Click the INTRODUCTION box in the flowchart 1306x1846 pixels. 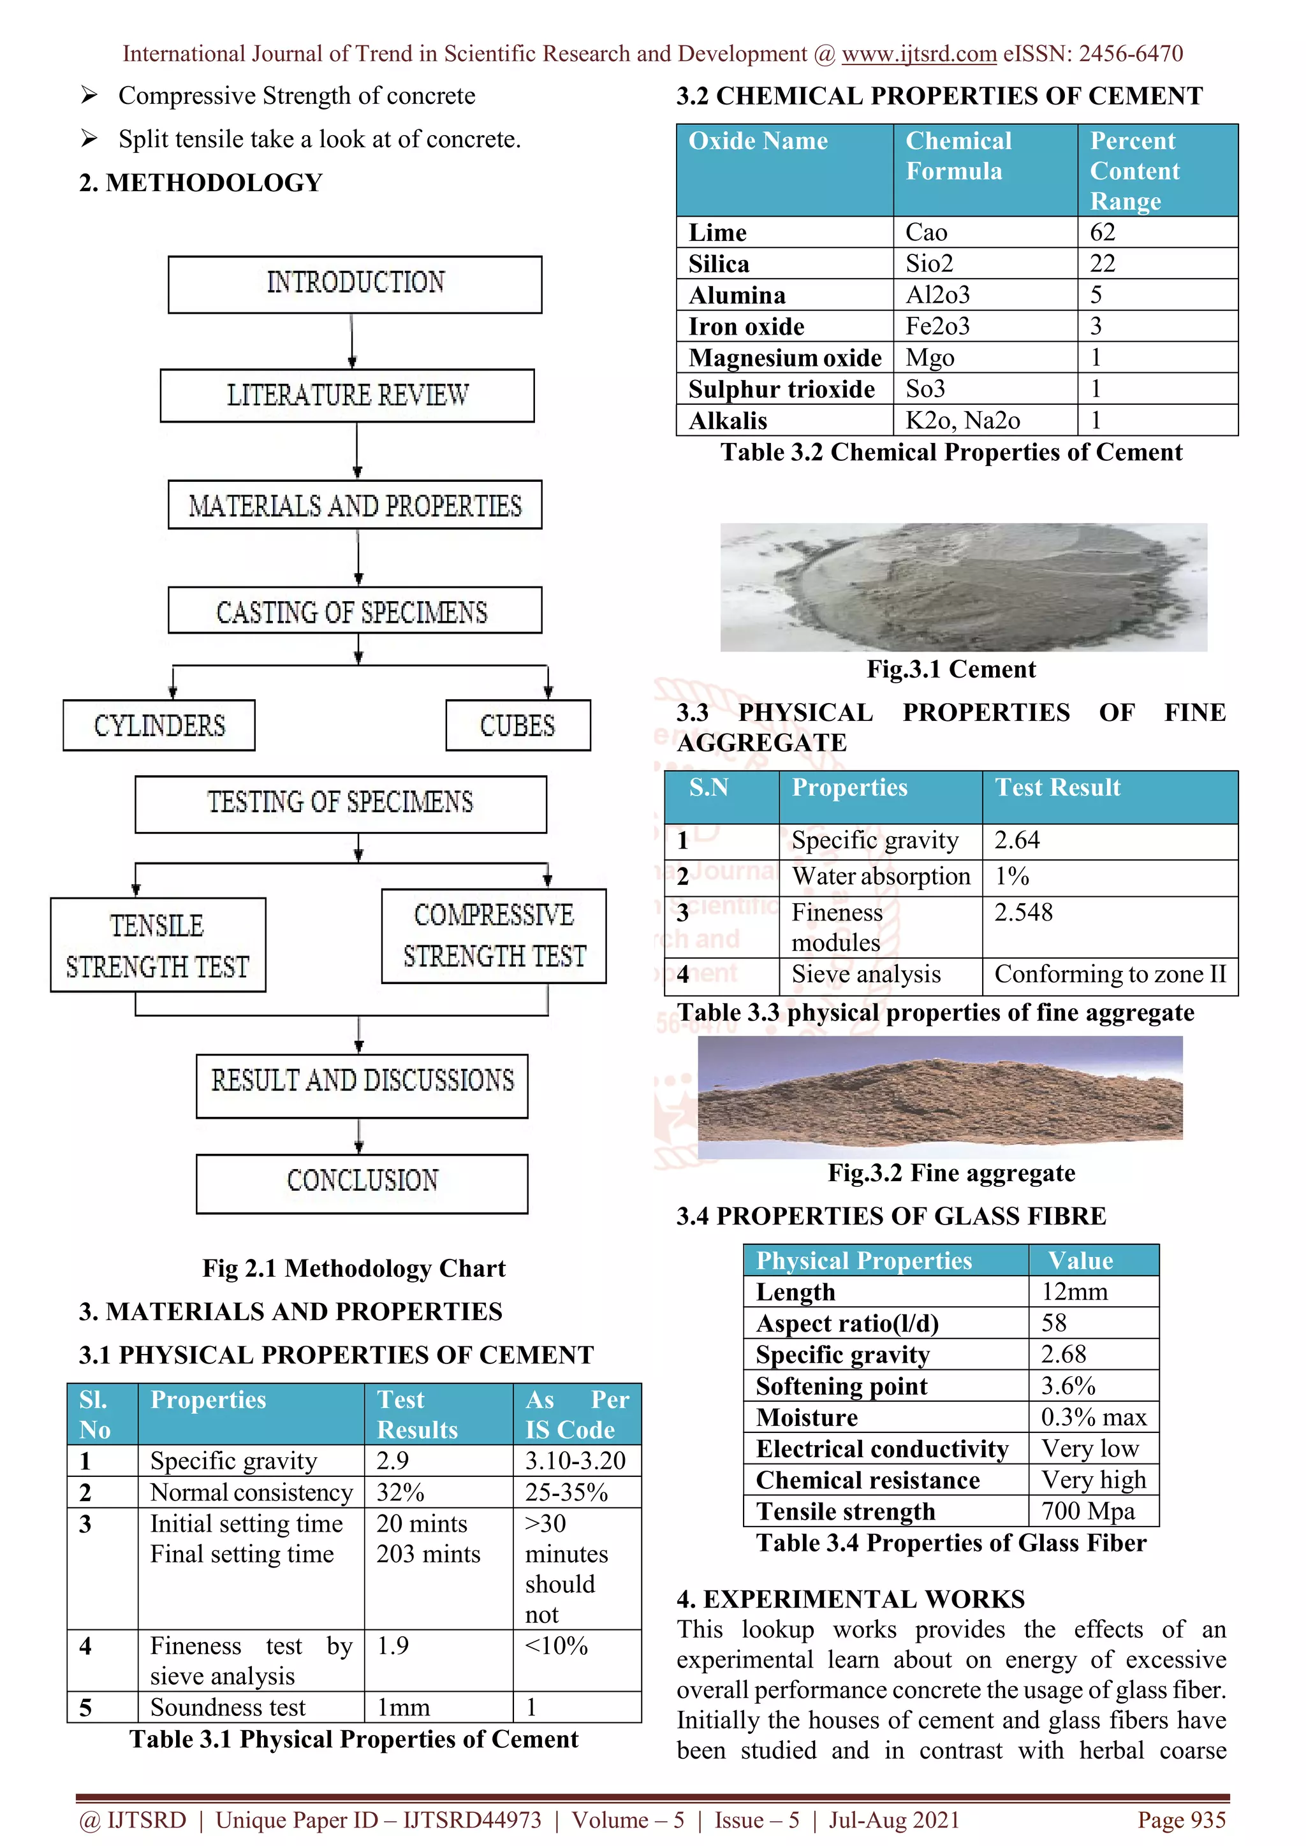[x=355, y=284]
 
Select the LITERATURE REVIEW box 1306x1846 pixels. [x=347, y=396]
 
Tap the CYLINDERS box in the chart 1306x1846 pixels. [x=159, y=725]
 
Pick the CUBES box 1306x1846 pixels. [x=518, y=725]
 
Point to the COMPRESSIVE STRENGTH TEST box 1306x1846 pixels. [x=494, y=936]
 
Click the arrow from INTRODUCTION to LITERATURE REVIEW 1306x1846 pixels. [x=351, y=341]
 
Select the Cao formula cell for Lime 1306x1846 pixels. [x=927, y=233]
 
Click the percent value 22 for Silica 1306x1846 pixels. [x=1103, y=264]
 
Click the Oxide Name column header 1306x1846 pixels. [x=758, y=142]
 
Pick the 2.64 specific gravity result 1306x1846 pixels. [x=1016, y=840]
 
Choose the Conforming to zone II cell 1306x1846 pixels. [x=1110, y=975]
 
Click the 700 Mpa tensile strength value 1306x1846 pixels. [x=1087, y=1511]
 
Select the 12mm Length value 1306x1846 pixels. [x=1075, y=1292]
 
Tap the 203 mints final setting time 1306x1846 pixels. [x=428, y=1554]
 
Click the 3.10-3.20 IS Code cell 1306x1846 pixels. [x=575, y=1461]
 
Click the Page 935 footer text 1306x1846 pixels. [x=1180, y=1821]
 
